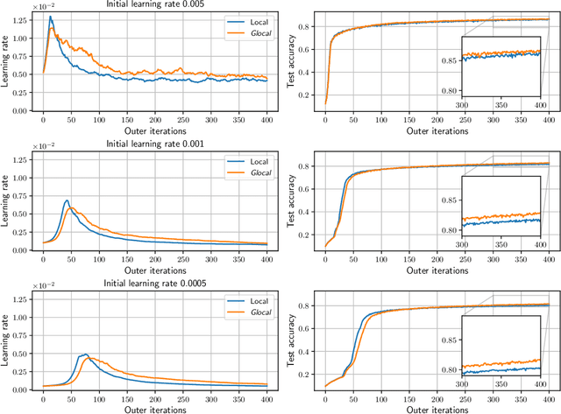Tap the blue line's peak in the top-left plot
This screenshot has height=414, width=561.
point(51,17)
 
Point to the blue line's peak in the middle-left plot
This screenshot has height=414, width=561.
point(67,200)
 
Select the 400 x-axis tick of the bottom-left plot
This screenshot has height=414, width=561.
point(264,396)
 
